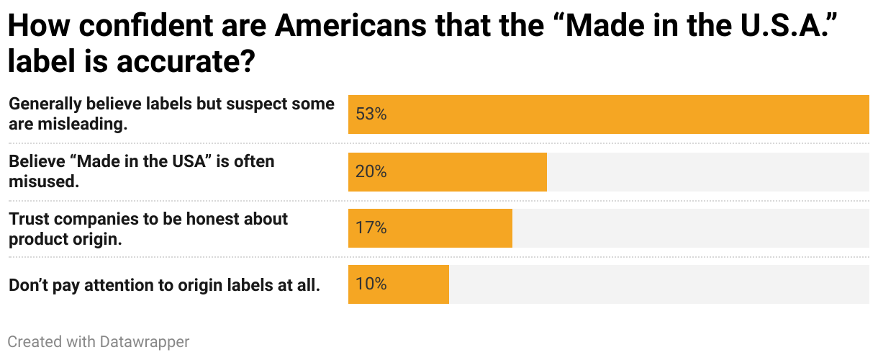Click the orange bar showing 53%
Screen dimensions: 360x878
(608, 114)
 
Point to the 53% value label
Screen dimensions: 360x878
(371, 114)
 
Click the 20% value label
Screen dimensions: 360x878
(371, 171)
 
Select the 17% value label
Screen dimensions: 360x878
(371, 228)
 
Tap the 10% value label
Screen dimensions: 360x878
(371, 284)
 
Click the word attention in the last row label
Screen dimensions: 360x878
(119, 285)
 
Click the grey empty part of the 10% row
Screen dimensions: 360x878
(658, 284)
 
